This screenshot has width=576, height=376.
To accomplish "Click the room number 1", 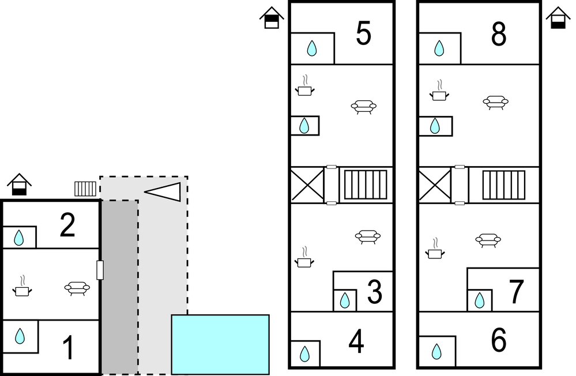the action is [69, 347].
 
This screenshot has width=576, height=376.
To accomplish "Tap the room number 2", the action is [67, 225].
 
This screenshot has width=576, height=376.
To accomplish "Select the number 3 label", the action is [375, 292].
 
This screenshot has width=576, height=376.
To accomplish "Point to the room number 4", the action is [356, 341].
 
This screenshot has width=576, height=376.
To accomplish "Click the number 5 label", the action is [364, 33].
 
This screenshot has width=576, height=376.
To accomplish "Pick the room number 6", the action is [499, 340].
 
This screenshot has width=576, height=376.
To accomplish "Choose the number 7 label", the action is [516, 292].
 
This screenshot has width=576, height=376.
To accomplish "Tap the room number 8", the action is [499, 34].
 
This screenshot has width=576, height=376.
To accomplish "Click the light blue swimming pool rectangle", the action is [220, 344].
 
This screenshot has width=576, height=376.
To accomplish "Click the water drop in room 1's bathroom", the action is [20, 336].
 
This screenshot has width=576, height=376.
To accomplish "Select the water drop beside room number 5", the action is [312, 48].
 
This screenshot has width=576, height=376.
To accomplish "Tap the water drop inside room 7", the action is [479, 300].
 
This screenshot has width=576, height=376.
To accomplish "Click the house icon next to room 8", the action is [558, 18].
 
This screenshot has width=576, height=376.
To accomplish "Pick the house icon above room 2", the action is [20, 184].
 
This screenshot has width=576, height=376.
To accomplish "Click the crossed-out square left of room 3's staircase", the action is [307, 185].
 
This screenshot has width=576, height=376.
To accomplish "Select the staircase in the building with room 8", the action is [503, 185].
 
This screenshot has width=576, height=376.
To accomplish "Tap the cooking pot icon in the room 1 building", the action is [22, 286].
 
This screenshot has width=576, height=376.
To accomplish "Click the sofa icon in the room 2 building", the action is [77, 288].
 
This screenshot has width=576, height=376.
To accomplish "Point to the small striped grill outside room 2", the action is [85, 189].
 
